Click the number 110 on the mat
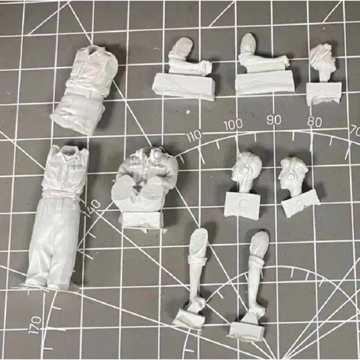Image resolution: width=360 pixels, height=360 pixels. [195, 136]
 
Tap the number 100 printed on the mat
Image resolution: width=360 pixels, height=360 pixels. [233, 125]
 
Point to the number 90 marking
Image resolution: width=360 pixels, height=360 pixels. [274, 120]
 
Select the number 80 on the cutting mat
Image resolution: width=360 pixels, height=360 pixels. [314, 122]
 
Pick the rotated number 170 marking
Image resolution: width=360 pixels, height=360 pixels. [35, 324]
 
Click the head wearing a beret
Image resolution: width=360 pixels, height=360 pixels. [294, 176]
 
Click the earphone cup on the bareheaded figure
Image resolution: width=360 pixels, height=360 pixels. [246, 171]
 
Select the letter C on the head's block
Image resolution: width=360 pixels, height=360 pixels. [242, 203]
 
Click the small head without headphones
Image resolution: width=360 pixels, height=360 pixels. [322, 60]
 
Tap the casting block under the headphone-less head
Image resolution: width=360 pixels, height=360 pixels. [324, 93]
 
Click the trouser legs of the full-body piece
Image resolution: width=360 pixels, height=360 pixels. [53, 242]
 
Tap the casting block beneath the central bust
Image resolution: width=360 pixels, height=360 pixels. [143, 220]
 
